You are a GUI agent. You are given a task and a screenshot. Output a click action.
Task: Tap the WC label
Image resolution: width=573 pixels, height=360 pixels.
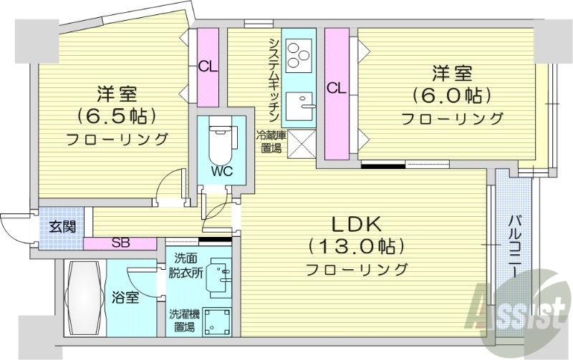pyautogui.click(x=221, y=171)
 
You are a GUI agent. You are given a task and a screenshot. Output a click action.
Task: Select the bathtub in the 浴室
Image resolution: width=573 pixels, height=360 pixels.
pyautogui.click(x=85, y=296)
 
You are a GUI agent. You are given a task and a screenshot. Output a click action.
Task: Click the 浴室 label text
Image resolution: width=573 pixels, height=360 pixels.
pyautogui.click(x=125, y=295)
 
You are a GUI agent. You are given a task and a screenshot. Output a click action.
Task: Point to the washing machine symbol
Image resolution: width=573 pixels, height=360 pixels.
pyautogui.click(x=216, y=322)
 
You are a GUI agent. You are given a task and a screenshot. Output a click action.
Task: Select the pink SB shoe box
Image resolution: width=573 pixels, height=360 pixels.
pyautogui.click(x=120, y=243)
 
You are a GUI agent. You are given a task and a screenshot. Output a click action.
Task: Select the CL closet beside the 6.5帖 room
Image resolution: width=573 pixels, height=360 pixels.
pyautogui.click(x=208, y=67)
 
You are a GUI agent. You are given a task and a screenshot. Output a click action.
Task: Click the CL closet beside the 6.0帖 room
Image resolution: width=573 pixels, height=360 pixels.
pyautogui.click(x=336, y=89)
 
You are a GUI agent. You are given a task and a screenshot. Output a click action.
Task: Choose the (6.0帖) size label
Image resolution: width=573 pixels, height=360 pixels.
pyautogui.click(x=451, y=94)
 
